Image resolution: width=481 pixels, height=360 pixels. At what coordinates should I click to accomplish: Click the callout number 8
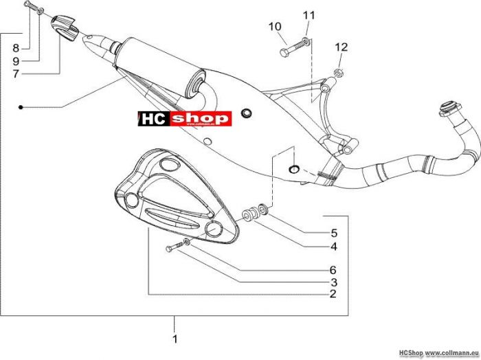coord(16,48)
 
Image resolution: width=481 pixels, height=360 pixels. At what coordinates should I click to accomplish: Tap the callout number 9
coord(16,61)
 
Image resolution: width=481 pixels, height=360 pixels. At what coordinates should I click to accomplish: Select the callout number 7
coord(16,74)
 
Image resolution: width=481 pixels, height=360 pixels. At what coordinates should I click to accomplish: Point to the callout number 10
coord(275,27)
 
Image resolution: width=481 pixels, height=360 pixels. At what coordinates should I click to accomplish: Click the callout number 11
coord(309,15)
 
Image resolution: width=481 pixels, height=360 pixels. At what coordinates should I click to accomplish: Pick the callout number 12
coord(342,47)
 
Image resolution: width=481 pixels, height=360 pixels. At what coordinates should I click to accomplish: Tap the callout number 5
coord(334,233)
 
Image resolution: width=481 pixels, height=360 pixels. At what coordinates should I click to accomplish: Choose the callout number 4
coord(334,246)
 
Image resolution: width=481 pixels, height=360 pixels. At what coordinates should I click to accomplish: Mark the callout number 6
coord(333,270)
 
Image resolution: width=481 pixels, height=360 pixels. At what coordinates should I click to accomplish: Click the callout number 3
coord(334,282)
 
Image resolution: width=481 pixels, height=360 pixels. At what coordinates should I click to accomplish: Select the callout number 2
coord(333,294)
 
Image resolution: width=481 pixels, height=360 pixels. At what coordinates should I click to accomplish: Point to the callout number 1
coord(175,339)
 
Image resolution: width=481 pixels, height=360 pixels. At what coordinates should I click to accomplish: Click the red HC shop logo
coord(185,119)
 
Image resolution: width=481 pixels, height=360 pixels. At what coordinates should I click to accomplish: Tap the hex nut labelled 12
coord(339,73)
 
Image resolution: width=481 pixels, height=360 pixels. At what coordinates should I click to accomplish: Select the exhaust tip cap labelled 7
coord(65,27)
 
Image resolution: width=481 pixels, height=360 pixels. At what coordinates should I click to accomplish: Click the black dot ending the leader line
coord(21,107)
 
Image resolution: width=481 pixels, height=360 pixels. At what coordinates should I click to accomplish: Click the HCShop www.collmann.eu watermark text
coord(439,353)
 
